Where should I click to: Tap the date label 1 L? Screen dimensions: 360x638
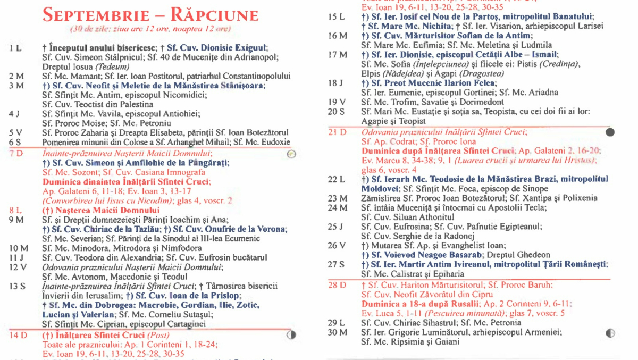pyautogui.click(x=15, y=48)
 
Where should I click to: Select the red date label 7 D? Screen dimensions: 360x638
pyautogui.click(x=16, y=154)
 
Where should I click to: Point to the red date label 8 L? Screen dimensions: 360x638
pyautogui.click(x=15, y=211)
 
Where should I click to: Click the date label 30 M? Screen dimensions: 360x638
pyautogui.click(x=337, y=332)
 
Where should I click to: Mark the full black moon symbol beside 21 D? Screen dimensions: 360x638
pyautogui.click(x=610, y=132)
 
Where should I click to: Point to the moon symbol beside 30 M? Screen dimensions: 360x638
pyautogui.click(x=610, y=333)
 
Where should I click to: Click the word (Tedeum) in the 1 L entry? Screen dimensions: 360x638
pyautogui.click(x=113, y=67)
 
